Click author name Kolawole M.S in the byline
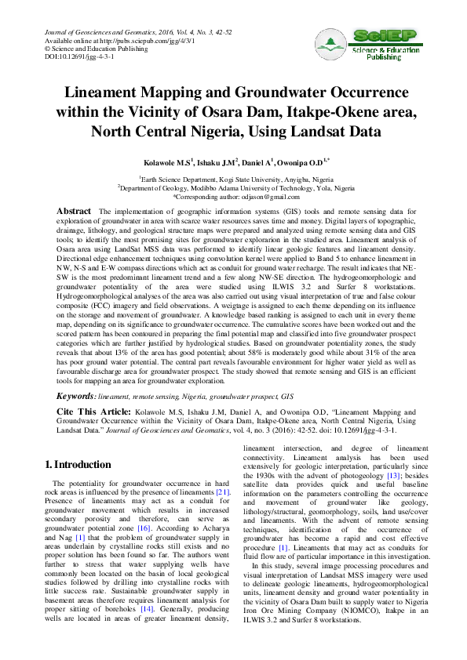[166, 163]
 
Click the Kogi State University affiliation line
[234, 180]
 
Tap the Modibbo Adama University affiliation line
[234, 188]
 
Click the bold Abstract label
[75, 212]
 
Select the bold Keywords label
[82, 397]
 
